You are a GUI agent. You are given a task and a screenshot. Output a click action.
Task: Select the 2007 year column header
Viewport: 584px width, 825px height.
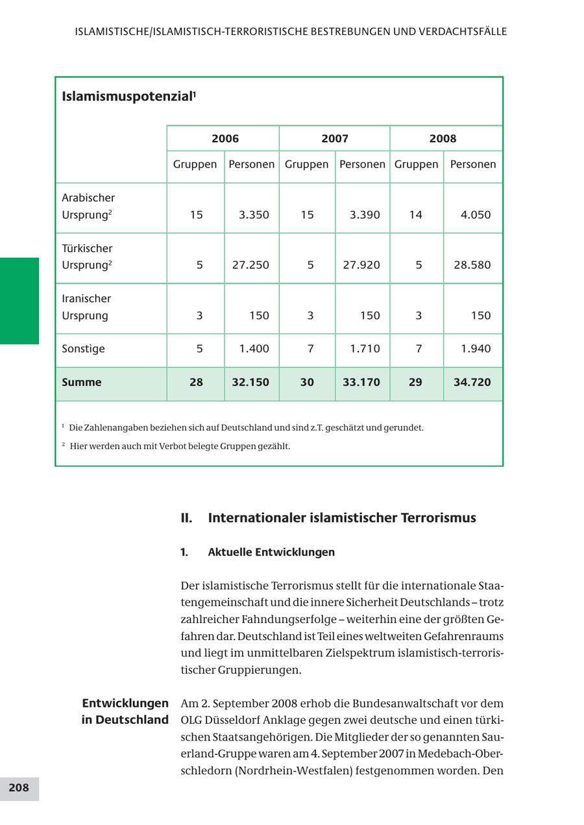(x=334, y=138)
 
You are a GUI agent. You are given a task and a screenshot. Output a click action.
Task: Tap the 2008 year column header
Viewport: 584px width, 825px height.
(x=443, y=138)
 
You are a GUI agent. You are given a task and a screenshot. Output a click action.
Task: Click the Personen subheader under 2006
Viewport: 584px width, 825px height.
(x=251, y=164)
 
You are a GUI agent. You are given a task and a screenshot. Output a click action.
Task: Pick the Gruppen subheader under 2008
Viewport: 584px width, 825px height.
(x=416, y=164)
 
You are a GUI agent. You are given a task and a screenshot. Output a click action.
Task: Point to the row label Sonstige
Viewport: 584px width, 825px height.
(x=83, y=349)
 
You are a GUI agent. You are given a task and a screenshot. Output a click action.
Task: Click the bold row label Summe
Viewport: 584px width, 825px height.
(x=82, y=382)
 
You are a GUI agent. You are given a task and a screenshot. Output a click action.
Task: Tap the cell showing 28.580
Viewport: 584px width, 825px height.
(x=472, y=265)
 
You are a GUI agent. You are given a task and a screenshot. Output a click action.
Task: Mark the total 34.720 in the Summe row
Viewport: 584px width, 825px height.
(x=472, y=382)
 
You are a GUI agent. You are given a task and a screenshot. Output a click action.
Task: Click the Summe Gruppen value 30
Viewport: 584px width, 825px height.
(x=307, y=382)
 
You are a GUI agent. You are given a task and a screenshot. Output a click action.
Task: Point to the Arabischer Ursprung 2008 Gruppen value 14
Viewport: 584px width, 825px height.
(x=416, y=215)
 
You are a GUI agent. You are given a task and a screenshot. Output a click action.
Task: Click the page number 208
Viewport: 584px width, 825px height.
(x=19, y=787)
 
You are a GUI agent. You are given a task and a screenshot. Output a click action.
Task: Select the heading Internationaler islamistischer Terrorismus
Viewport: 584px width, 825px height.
(x=342, y=518)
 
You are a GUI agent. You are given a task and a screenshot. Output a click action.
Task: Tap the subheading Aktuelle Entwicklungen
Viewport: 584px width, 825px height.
(x=271, y=552)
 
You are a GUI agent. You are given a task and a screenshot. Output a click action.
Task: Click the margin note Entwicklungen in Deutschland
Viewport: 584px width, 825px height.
(x=125, y=711)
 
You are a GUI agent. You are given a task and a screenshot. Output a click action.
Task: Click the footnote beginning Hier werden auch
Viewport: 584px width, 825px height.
(x=180, y=447)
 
